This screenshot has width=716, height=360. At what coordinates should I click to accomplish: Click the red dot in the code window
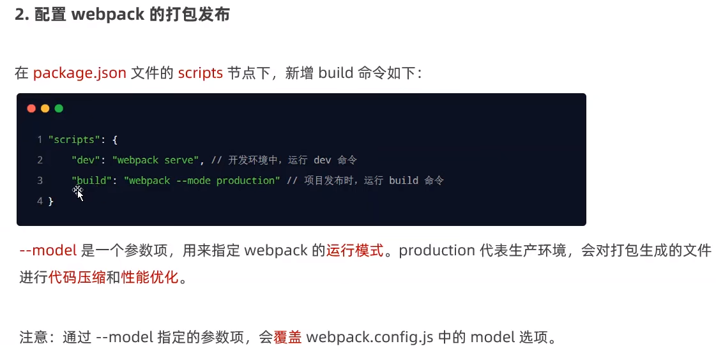(x=31, y=109)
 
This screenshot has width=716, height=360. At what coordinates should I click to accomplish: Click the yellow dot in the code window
(x=45, y=109)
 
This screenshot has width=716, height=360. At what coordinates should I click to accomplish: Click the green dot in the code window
(x=59, y=109)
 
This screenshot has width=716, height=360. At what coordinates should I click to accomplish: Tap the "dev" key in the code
(x=86, y=160)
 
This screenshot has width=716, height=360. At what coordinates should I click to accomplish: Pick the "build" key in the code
(x=92, y=181)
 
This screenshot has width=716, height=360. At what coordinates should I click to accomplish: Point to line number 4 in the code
(x=40, y=201)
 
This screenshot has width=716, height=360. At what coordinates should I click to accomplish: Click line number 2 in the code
(x=40, y=160)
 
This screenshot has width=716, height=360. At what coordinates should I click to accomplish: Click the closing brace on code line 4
(x=50, y=201)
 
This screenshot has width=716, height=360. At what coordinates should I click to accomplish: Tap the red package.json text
(x=80, y=73)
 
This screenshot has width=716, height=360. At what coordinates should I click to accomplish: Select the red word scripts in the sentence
(x=200, y=73)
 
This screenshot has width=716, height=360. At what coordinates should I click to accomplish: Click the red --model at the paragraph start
(x=48, y=250)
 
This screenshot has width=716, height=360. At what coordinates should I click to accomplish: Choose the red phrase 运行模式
(x=355, y=250)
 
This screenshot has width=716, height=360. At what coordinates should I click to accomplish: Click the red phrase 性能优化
(x=149, y=278)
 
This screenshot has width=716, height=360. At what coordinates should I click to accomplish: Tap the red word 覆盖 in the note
(x=288, y=336)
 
